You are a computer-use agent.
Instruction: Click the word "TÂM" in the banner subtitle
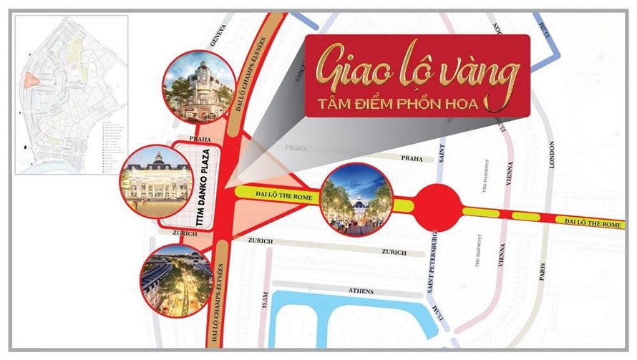pos(336,102)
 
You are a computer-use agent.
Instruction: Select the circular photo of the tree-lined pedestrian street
pos(355,201)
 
